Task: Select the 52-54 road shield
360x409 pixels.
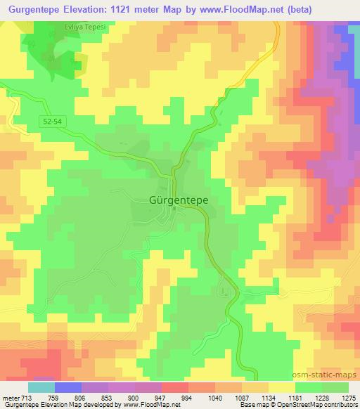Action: pyautogui.click(x=53, y=122)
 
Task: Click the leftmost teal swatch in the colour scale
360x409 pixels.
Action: pyautogui.click(x=41, y=387)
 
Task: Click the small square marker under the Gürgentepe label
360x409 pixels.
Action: pyautogui.click(x=174, y=209)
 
